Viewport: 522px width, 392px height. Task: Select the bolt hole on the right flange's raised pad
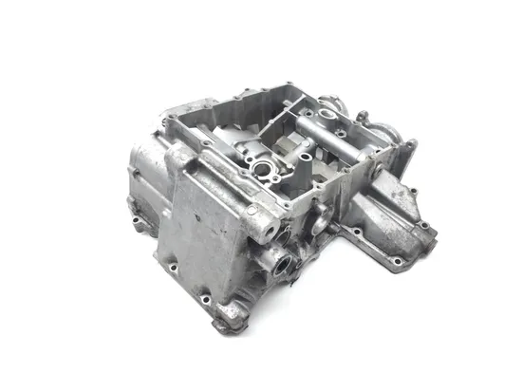tap(424, 226)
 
